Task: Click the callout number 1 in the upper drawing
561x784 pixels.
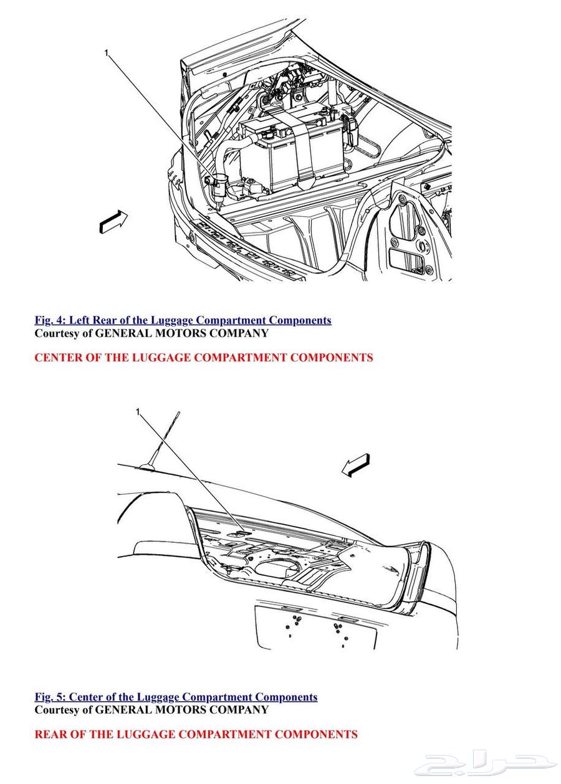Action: coord(106,53)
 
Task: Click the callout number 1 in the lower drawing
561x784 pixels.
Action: coord(138,411)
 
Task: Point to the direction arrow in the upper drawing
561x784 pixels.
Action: coord(113,221)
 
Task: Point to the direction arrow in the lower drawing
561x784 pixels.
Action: coord(356,465)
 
